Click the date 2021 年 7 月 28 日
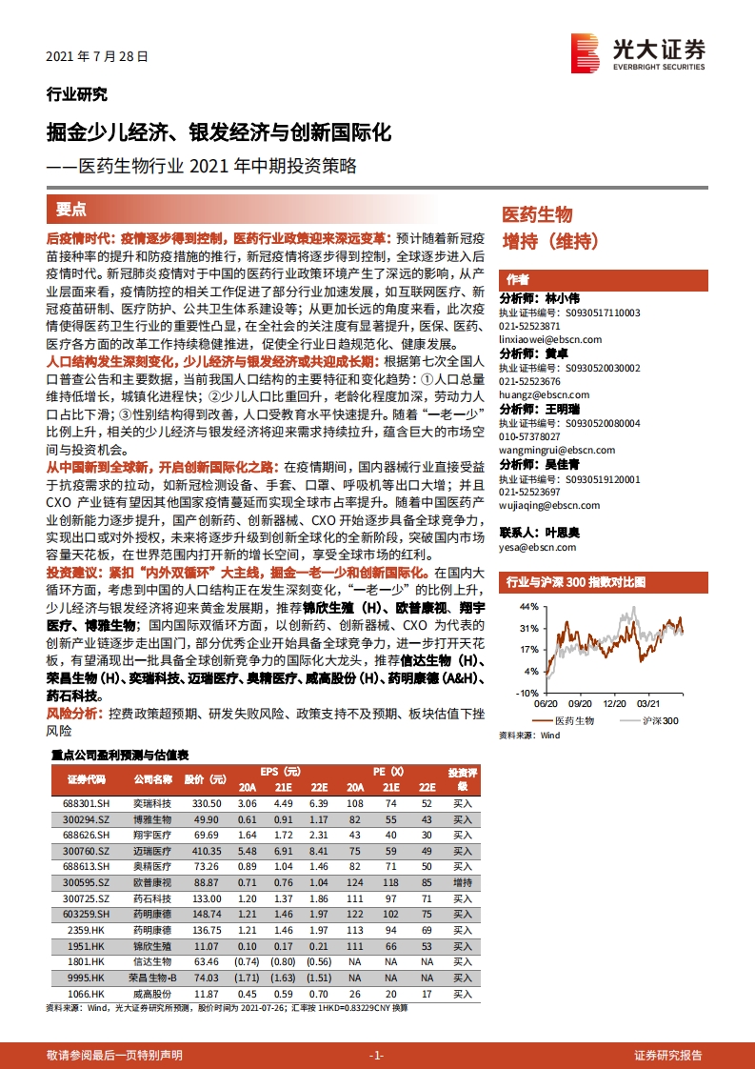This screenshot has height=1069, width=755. point(97,56)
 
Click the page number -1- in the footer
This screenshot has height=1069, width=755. point(376,1055)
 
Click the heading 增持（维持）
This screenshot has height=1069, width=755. point(549,241)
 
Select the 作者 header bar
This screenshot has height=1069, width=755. point(604,279)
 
